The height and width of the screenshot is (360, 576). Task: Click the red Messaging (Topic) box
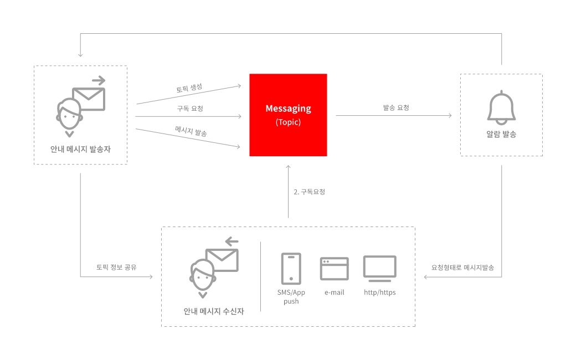click(x=288, y=115)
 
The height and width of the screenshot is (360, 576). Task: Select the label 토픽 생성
click(x=189, y=88)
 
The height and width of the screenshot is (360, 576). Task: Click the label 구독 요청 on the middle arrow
click(x=190, y=109)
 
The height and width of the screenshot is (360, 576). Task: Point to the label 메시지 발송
click(x=191, y=131)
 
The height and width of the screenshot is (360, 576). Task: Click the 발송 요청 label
click(x=396, y=107)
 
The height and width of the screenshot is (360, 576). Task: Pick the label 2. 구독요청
click(x=309, y=192)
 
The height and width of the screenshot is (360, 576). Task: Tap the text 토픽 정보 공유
click(x=116, y=267)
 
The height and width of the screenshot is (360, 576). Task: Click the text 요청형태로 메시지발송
click(x=462, y=268)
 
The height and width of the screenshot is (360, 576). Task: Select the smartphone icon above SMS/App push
click(x=291, y=269)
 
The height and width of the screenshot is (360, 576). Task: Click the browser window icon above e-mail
click(x=335, y=269)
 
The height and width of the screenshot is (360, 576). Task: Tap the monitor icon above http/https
click(x=380, y=269)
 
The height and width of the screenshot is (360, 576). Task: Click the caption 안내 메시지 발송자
click(x=80, y=149)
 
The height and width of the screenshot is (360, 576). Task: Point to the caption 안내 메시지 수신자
click(x=214, y=311)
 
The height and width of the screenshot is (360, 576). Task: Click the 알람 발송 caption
click(x=501, y=134)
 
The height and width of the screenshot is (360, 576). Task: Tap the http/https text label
click(x=380, y=292)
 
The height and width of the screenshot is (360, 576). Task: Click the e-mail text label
click(x=335, y=292)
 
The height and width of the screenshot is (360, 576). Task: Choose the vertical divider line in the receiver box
click(x=260, y=276)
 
